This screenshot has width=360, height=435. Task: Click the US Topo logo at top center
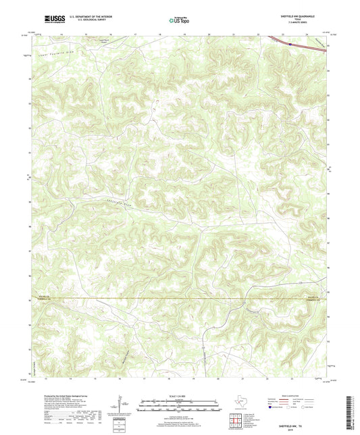pyautogui.click(x=178, y=21)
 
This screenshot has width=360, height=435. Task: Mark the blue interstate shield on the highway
pyautogui.click(x=290, y=45)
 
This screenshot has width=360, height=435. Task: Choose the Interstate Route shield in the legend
pyautogui.click(x=273, y=409)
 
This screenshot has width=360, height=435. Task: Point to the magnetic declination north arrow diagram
pyautogui.click(x=122, y=408)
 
